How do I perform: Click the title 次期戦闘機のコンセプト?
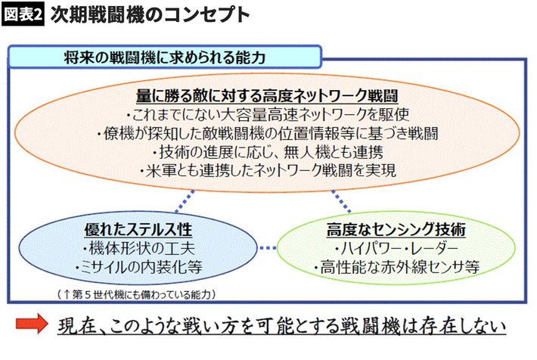point(148,15)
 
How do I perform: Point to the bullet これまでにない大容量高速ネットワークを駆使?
point(268,115)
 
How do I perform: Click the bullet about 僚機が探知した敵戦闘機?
point(268,134)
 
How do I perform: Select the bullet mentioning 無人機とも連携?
point(268,152)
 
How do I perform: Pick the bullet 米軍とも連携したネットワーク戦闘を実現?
point(268,170)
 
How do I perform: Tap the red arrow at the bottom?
point(32,326)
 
